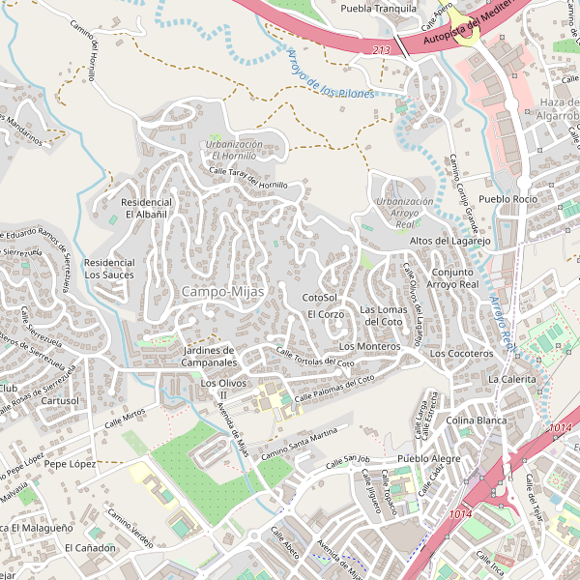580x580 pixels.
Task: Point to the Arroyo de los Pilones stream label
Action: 331,76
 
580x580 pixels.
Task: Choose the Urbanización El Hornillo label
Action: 233,150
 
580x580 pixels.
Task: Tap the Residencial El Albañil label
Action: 146,208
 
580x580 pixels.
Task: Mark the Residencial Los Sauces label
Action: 109,269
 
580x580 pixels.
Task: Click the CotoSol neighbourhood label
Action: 319,298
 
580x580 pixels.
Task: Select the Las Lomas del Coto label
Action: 381,315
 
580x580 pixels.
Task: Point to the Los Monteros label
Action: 369,346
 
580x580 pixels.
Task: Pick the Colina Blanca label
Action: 477,420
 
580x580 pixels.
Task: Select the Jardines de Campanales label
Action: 210,356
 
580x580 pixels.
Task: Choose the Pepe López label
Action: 70,464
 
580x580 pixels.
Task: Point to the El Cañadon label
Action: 90,548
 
